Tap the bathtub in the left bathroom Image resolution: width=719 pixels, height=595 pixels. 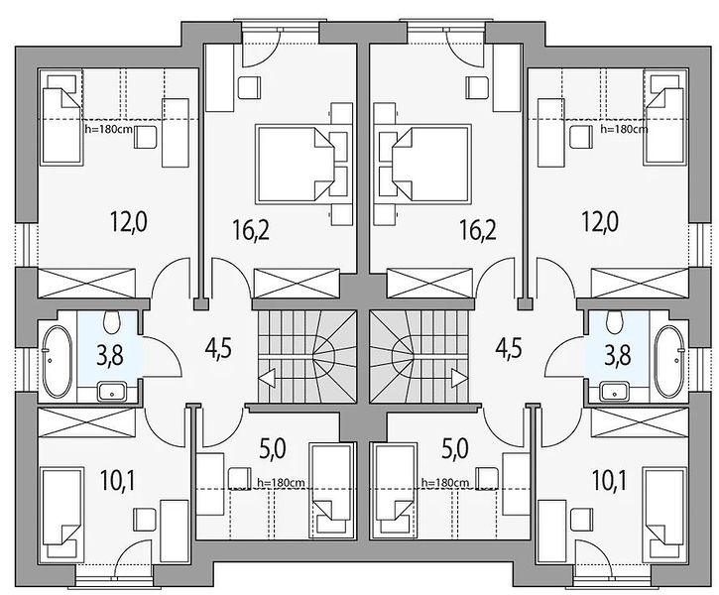pos(58,361)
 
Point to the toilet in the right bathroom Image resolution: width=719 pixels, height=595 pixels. pos(613,322)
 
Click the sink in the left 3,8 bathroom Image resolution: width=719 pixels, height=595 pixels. pos(110,392)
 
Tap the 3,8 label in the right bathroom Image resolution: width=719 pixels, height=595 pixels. pos(617,355)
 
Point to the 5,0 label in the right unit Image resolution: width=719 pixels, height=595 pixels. pos(454,448)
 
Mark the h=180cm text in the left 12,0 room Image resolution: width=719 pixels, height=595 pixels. pos(109,129)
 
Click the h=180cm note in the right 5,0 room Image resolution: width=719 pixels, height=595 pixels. pos(445,483)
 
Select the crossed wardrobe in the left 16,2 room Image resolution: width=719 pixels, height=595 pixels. pos(297,284)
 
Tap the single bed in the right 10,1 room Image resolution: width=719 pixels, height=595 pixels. pos(664,506)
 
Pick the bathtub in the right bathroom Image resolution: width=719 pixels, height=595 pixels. pos(669,361)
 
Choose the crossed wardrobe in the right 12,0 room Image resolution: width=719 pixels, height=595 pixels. pos(640,284)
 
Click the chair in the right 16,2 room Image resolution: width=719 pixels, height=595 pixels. pos(478,87)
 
